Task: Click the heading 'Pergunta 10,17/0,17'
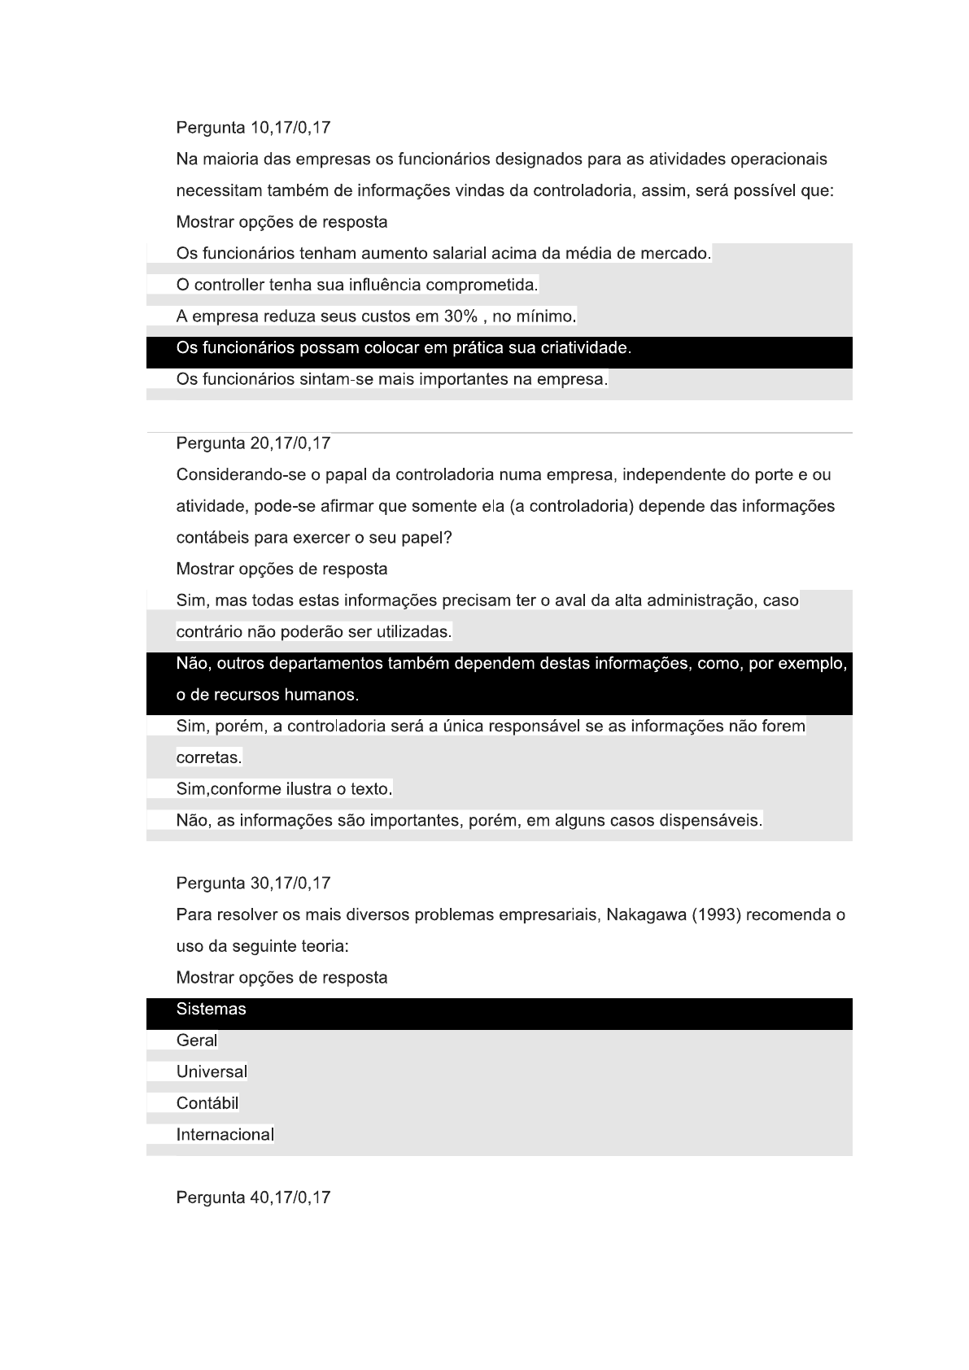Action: click(x=253, y=128)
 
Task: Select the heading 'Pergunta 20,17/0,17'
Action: click(x=253, y=443)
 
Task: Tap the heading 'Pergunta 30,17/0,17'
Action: click(x=253, y=884)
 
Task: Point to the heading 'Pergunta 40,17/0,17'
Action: click(x=253, y=1198)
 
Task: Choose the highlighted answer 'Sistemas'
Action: click(x=211, y=1010)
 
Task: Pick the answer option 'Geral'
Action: click(x=197, y=1041)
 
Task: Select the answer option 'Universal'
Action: click(x=212, y=1072)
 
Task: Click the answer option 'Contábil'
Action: click(x=207, y=1104)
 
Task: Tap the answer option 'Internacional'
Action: click(x=225, y=1135)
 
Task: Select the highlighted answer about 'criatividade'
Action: click(x=404, y=348)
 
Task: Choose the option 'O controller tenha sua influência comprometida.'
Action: click(x=357, y=286)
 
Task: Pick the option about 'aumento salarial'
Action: click(x=443, y=254)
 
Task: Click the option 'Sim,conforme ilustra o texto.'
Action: click(x=284, y=789)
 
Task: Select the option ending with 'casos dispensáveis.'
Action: click(x=469, y=821)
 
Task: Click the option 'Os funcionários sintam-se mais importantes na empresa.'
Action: click(x=391, y=380)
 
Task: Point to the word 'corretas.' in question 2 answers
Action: click(x=209, y=758)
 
